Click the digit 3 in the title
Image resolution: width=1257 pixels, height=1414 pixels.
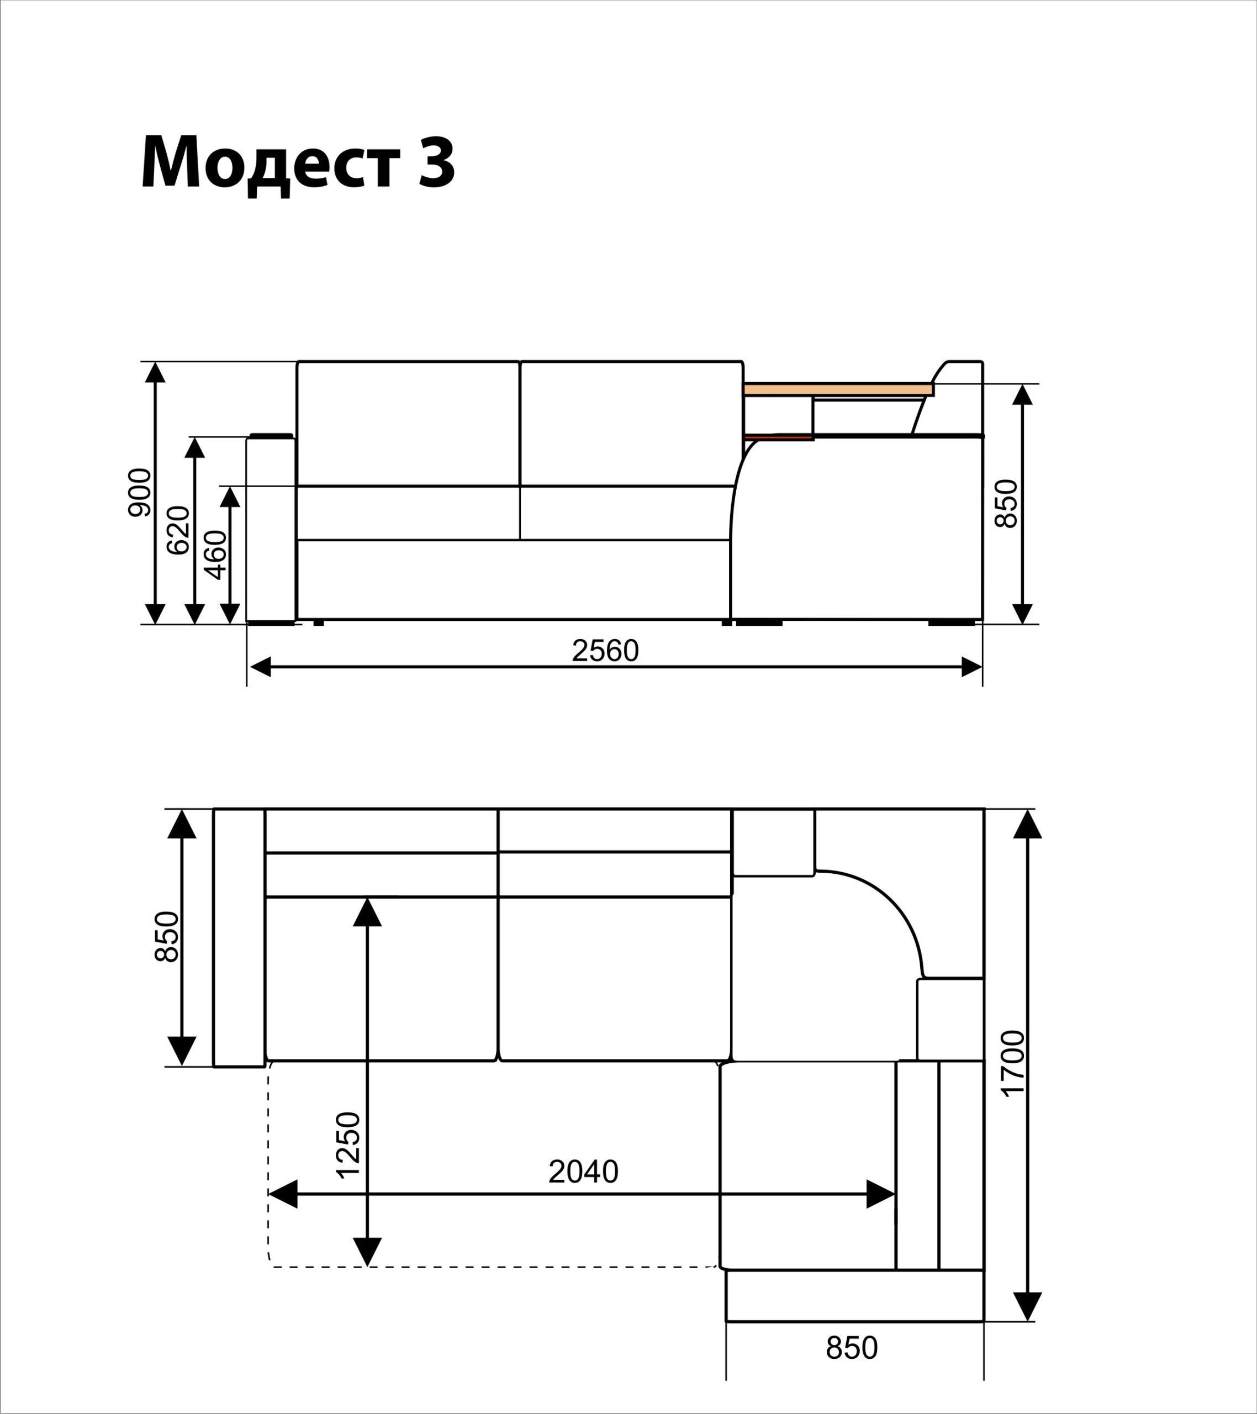[x=436, y=161]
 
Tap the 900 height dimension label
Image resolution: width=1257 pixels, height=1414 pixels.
[x=140, y=493]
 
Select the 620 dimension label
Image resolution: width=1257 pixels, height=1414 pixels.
[x=178, y=530]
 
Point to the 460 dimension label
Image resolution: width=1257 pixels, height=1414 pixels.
[x=216, y=554]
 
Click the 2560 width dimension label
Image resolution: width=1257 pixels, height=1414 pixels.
[x=605, y=650]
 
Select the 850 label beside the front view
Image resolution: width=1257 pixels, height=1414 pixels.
[x=1007, y=504]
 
